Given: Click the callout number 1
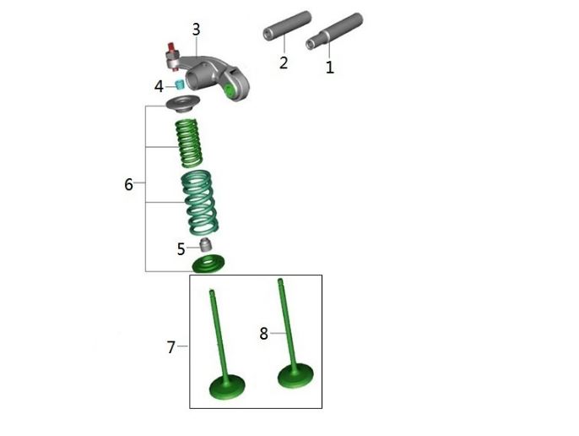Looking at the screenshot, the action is pyautogui.click(x=330, y=68).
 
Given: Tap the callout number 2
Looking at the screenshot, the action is pyautogui.click(x=284, y=63).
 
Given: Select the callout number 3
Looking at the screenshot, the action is pyautogui.click(x=196, y=30).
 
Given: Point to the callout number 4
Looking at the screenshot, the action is pyautogui.click(x=159, y=86).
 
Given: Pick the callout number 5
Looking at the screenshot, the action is pyautogui.click(x=181, y=249).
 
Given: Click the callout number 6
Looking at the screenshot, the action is pyautogui.click(x=128, y=184).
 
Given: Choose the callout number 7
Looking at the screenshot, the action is pyautogui.click(x=170, y=347).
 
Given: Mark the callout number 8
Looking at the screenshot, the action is pyautogui.click(x=263, y=334).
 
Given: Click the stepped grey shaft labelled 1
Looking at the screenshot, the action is pyautogui.click(x=334, y=31).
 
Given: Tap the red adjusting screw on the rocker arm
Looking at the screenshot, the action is pyautogui.click(x=171, y=48).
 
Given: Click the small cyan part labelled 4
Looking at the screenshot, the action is pyautogui.click(x=180, y=84).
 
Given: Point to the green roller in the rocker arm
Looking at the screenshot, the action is pyautogui.click(x=230, y=91).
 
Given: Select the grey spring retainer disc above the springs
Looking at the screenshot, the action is pyautogui.click(x=183, y=104).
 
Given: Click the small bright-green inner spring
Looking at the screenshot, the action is pyautogui.click(x=189, y=143).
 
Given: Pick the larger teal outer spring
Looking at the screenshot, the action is pyautogui.click(x=200, y=203).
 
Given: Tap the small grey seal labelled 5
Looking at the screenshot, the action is pyautogui.click(x=206, y=245).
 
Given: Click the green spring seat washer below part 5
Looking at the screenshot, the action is pyautogui.click(x=208, y=264).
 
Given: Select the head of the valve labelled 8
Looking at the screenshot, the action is pyautogui.click(x=295, y=376).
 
